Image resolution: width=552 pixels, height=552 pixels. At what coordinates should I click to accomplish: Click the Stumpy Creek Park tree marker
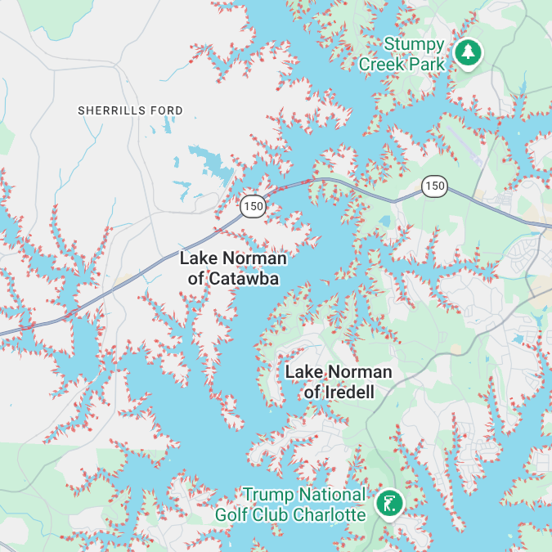click(x=468, y=52)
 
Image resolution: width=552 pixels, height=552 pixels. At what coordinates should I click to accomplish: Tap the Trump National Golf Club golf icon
click(x=388, y=504)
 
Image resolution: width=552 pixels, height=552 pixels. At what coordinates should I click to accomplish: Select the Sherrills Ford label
click(x=130, y=110)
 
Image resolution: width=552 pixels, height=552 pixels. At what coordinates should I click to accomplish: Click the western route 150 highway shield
click(x=254, y=206)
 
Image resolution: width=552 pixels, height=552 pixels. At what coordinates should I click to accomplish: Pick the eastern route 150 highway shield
click(x=434, y=186)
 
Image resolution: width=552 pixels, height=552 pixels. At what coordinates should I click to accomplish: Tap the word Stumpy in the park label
click(x=414, y=44)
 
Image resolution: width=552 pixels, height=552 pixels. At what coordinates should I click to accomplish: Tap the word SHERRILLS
click(x=113, y=110)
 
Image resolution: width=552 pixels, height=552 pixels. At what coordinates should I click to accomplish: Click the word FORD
click(x=167, y=110)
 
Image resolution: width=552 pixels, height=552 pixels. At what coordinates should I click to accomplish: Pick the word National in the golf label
click(x=332, y=495)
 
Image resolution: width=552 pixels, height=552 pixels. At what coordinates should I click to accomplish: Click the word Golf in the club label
click(x=231, y=515)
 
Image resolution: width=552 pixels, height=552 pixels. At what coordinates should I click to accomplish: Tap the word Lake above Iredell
click(x=303, y=372)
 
